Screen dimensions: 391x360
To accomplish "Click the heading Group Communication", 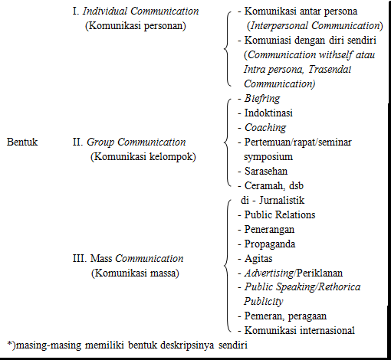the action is [136, 142].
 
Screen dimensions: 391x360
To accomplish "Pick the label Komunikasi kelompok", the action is [143, 156].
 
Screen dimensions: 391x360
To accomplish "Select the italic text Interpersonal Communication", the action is [310, 25].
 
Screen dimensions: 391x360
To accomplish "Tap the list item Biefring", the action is [261, 99].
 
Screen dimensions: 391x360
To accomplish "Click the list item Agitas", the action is [261, 258].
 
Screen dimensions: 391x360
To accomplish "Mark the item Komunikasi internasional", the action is [299, 331].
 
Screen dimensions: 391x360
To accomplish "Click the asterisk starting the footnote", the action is [8, 344].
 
